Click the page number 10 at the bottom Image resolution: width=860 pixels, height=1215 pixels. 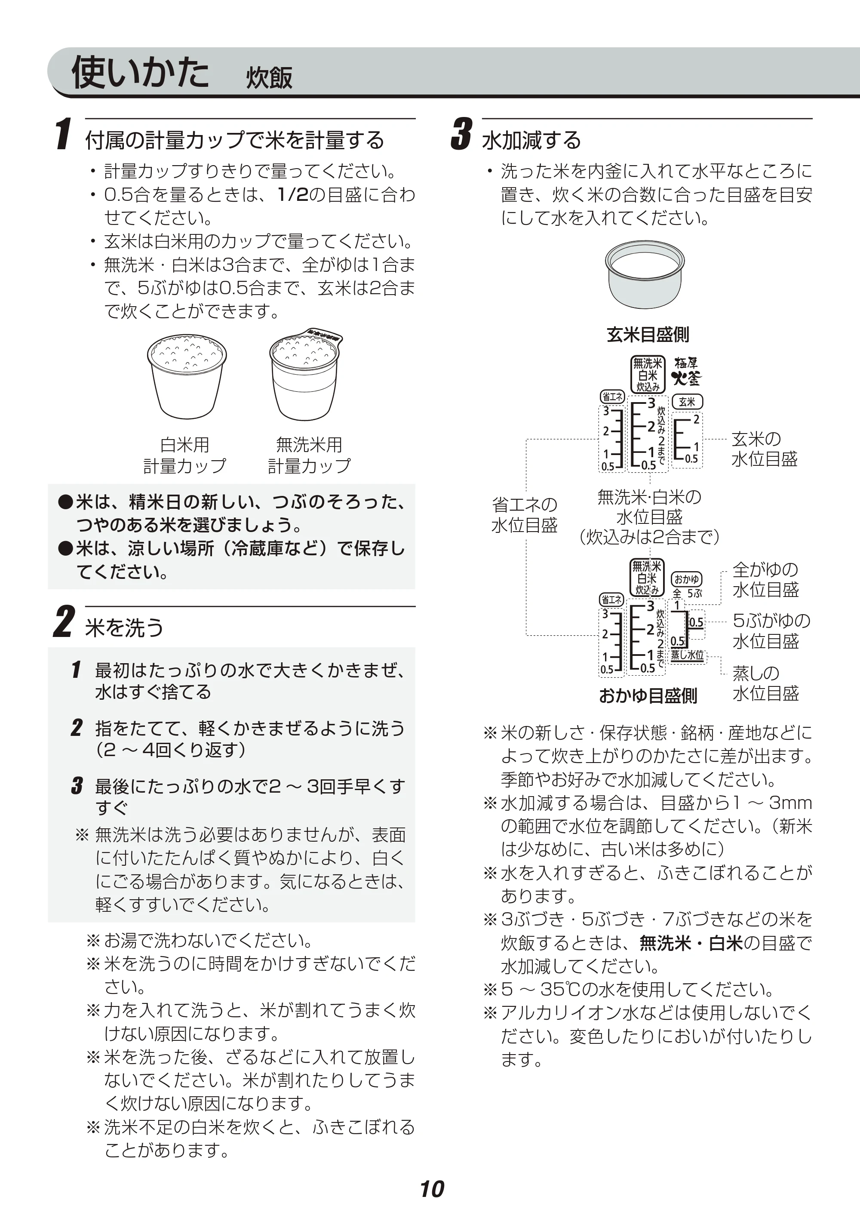[432, 1189]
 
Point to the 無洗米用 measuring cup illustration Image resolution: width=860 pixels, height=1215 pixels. [306, 374]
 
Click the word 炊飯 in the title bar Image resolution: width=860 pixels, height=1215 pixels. [269, 78]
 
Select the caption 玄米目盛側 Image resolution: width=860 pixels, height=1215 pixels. [648, 335]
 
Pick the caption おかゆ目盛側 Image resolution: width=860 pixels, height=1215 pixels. [648, 695]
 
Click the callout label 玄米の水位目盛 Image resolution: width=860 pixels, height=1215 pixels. [764, 449]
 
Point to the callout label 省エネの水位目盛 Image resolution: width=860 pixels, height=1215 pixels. [524, 515]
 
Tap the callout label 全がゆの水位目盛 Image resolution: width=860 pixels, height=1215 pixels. [766, 579]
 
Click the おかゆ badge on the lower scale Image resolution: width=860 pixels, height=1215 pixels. [687, 579]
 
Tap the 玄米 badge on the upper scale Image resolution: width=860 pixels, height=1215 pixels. [687, 402]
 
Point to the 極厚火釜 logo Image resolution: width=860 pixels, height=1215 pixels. [686, 371]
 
